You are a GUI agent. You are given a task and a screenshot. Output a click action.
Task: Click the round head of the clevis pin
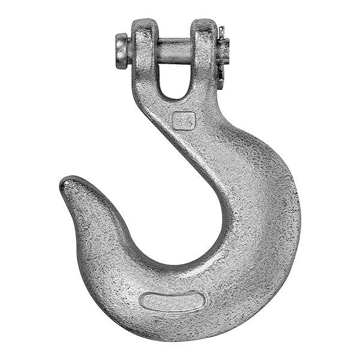pyautogui.click(x=122, y=50)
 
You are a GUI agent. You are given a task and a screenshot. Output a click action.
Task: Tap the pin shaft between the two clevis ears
pyautogui.click(x=173, y=50)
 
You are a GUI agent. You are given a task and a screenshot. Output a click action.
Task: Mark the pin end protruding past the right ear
pyautogui.click(x=223, y=51)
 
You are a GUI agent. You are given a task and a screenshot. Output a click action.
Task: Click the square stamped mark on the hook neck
pyautogui.click(x=183, y=120)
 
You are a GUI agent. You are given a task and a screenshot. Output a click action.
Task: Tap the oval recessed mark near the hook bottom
pyautogui.click(x=172, y=301)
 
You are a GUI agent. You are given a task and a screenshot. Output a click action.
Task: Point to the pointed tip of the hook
pyautogui.click(x=65, y=182)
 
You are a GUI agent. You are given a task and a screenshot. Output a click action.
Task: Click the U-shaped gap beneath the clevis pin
pyautogui.click(x=173, y=78)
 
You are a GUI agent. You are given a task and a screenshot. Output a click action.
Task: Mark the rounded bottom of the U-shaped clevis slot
pyautogui.click(x=173, y=96)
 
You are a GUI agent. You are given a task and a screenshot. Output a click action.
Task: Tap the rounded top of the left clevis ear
pyautogui.click(x=144, y=22)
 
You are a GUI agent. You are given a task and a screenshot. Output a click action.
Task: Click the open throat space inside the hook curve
pyautogui.click(x=174, y=210)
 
